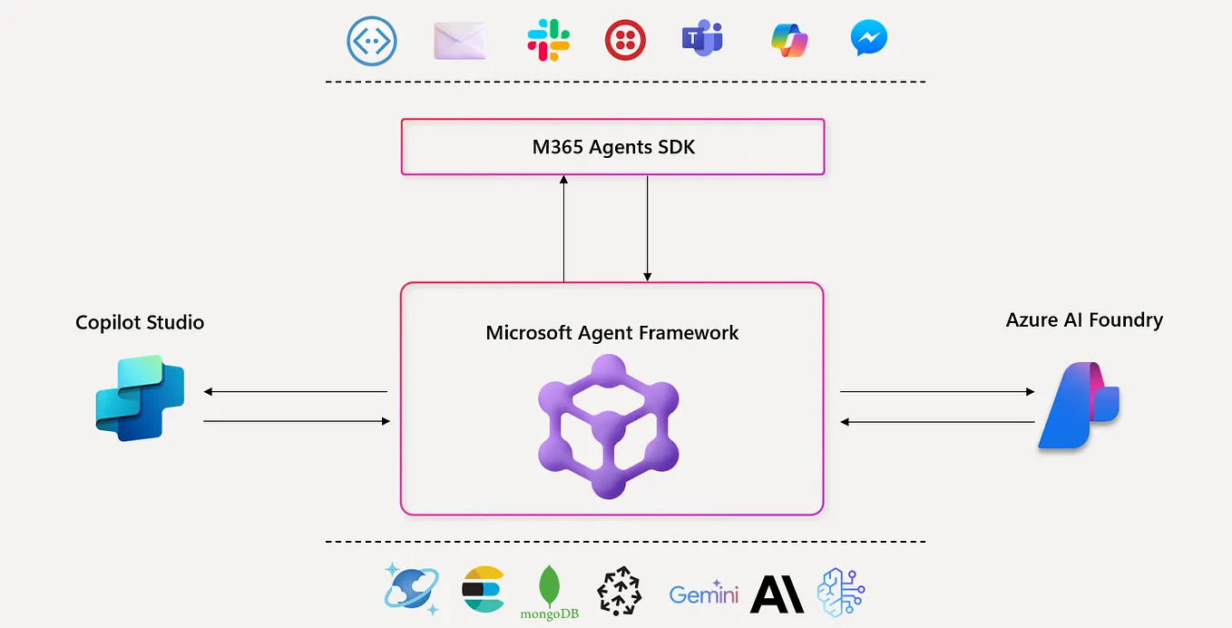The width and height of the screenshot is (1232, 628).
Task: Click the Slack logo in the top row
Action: (x=548, y=40)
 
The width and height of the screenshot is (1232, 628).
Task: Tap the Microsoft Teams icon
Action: (x=702, y=39)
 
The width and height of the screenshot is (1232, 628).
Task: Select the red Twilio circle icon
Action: (x=625, y=40)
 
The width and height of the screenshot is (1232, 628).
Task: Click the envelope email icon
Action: (x=461, y=41)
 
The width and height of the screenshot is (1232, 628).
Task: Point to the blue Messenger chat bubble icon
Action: (x=868, y=39)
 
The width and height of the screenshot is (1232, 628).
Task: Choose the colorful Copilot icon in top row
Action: (x=789, y=40)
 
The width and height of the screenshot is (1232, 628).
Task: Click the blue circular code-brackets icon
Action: (x=374, y=41)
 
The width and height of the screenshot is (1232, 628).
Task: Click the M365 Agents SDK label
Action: (x=613, y=147)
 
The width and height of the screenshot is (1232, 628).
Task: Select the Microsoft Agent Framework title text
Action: (x=612, y=333)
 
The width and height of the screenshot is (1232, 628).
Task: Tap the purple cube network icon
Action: (x=609, y=426)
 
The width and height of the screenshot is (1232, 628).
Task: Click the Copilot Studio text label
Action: (x=140, y=322)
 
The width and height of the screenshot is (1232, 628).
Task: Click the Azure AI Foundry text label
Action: (x=1084, y=319)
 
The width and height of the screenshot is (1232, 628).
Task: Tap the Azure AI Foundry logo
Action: (x=1079, y=406)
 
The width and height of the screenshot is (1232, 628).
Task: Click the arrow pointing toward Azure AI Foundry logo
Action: (x=937, y=392)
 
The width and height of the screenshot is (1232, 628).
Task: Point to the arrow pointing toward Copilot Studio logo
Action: (x=296, y=392)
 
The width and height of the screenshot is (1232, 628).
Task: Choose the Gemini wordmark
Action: (x=704, y=594)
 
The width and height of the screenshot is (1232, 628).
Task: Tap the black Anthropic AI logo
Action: (x=777, y=594)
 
